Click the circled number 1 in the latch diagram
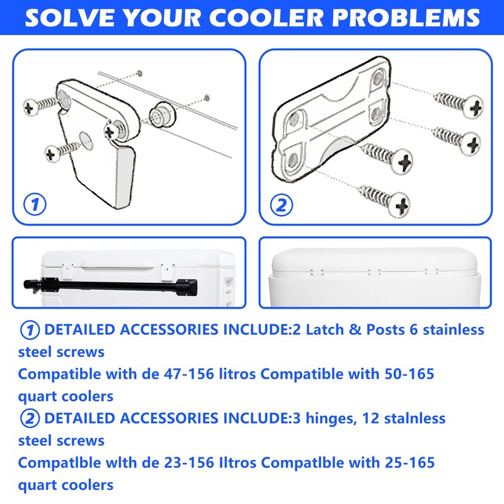[35, 204]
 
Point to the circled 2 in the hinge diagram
[281, 204]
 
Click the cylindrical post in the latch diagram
[160, 117]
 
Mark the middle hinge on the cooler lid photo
[374, 272]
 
